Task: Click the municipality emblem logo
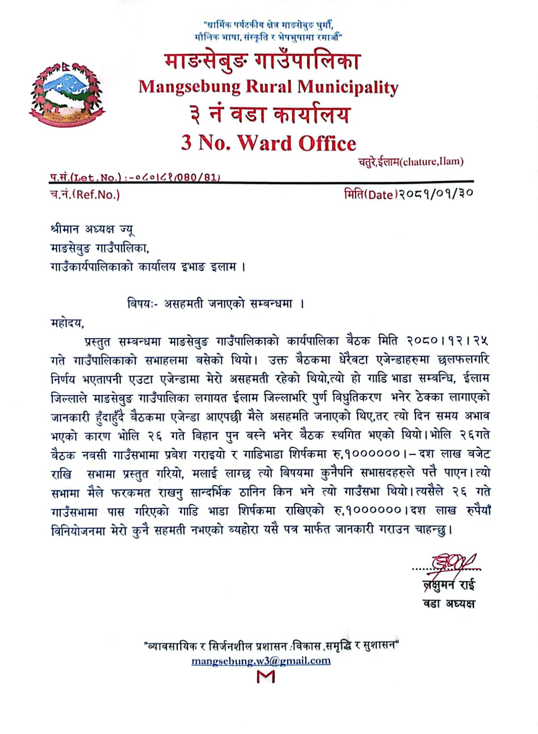[x=67, y=94]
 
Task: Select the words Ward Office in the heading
[x=297, y=143]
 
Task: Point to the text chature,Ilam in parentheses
[x=432, y=162]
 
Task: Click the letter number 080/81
[x=200, y=177]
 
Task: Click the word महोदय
[x=67, y=323]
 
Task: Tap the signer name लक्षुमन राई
[x=449, y=585]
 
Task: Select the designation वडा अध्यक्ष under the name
[x=449, y=603]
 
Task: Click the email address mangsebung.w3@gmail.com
[x=261, y=661]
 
